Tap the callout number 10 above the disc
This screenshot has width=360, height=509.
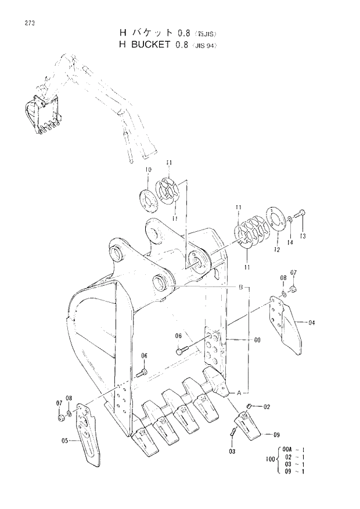point(148,170)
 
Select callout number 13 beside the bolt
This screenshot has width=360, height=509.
point(303,236)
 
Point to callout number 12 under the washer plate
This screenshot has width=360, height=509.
point(277,249)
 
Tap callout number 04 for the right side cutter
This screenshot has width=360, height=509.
point(312,321)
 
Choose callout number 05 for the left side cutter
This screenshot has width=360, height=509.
point(66,440)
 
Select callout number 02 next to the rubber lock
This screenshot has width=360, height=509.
point(267,407)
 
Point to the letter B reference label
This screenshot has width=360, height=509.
point(240,288)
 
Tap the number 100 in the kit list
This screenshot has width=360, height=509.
point(268,460)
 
